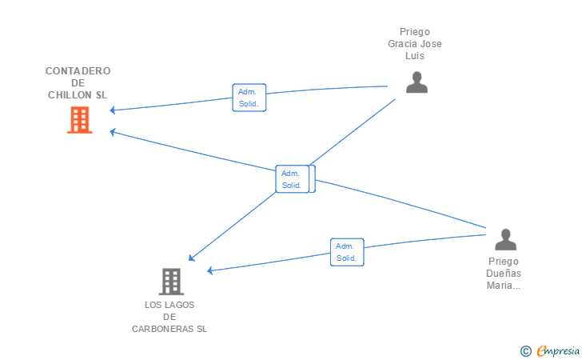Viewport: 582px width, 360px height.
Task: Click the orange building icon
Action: coord(79,120)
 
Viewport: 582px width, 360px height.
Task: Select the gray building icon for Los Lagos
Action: coord(171,282)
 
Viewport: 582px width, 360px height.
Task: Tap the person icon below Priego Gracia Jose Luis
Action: coord(417,82)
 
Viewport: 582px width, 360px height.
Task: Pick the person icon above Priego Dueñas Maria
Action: coord(504,239)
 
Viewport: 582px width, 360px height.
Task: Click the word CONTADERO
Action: coord(78,70)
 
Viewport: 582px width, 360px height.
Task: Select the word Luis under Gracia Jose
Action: coord(414,56)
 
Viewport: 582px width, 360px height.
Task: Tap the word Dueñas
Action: coord(504,274)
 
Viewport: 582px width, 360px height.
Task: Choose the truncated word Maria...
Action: coord(504,286)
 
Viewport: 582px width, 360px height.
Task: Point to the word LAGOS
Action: coord(180,305)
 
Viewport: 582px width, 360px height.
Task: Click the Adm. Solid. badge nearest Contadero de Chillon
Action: coord(249,98)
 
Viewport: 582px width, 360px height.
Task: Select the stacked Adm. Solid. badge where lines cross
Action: coord(293,178)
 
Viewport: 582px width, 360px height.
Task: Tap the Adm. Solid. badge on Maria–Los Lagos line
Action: coord(347,252)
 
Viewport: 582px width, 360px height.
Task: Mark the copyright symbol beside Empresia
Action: coord(525,350)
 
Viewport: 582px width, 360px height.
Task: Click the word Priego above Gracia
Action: coord(414,32)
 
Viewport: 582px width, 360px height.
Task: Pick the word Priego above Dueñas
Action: coord(504,262)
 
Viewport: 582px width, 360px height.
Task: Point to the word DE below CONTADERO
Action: coord(78,82)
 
